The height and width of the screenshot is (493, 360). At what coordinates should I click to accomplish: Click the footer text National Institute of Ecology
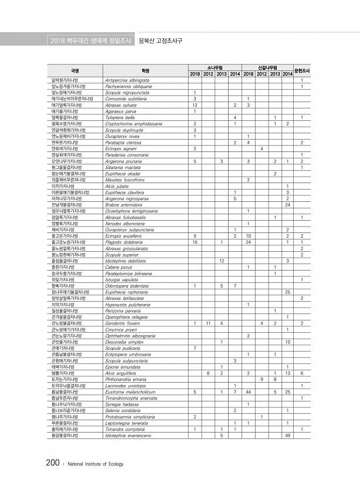point(96,464)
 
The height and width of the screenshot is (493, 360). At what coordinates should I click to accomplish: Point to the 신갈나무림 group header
point(268,67)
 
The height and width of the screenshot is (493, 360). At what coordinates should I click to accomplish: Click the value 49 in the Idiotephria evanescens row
point(287,435)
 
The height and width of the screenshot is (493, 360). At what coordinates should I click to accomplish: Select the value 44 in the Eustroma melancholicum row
point(249,391)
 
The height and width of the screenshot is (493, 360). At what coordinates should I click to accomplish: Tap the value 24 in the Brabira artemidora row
point(287,205)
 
